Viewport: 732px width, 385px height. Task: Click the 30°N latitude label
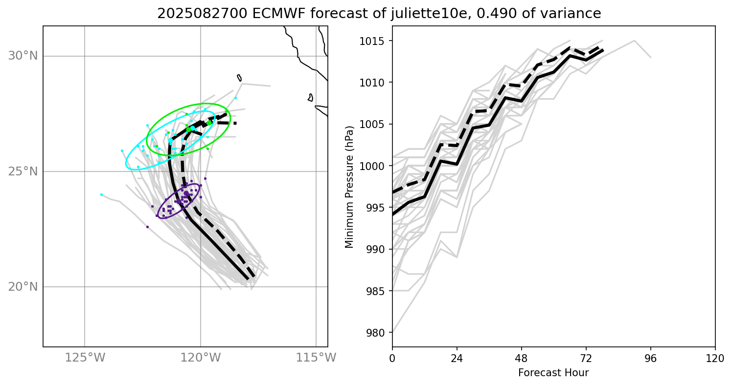click(23, 56)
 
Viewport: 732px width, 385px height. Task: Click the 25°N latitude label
click(23, 171)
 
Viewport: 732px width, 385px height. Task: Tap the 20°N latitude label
click(23, 287)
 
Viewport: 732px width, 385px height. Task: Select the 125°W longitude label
click(85, 358)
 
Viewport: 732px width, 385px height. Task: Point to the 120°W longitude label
click(201, 358)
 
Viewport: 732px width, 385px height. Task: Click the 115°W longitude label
click(316, 358)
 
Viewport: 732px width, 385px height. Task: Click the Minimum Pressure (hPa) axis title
click(349, 187)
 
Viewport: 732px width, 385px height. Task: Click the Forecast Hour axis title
click(553, 373)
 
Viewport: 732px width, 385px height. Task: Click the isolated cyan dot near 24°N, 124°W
click(101, 194)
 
